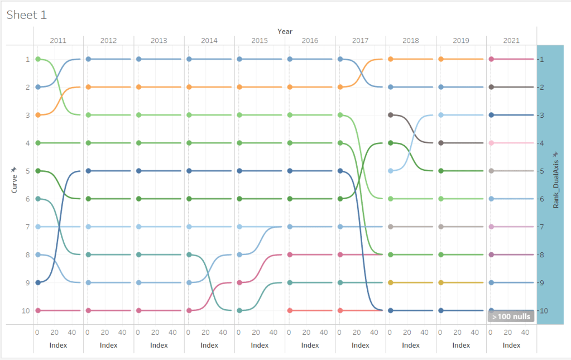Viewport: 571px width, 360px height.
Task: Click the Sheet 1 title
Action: [x=26, y=15]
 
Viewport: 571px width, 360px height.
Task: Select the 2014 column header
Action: [x=209, y=41]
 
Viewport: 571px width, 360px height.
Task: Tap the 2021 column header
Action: [x=511, y=41]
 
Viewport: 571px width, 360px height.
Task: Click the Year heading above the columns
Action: [x=285, y=31]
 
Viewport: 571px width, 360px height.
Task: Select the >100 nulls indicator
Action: [x=511, y=316]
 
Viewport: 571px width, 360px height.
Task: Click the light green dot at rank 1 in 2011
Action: [x=37, y=59]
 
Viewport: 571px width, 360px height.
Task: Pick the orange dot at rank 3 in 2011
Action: [x=37, y=115]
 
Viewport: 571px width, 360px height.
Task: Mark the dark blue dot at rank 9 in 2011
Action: [x=37, y=282]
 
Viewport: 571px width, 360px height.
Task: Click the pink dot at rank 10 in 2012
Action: [x=88, y=310]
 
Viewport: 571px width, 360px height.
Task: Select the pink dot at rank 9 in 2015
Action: [x=239, y=282]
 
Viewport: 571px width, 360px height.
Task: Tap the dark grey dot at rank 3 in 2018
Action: [x=391, y=115]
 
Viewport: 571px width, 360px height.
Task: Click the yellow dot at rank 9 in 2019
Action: [x=441, y=282]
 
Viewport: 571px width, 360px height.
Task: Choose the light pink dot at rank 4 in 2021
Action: [x=491, y=143]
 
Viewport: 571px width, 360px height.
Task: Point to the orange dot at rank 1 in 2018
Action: [x=391, y=59]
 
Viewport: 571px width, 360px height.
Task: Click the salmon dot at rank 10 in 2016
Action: [x=290, y=310]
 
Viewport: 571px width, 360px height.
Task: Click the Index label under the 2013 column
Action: [x=159, y=345]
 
